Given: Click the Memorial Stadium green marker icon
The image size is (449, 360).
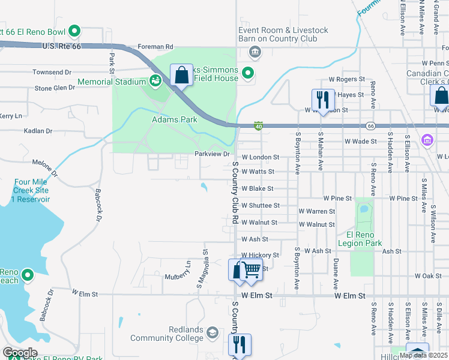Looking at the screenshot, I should pyautogui.click(x=155, y=80).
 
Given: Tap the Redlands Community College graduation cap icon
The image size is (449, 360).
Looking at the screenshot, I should pyautogui.click(x=212, y=332).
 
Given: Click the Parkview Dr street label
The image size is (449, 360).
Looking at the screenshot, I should pyautogui.click(x=212, y=154).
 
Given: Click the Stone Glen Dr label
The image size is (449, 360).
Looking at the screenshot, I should pyautogui.click(x=55, y=88).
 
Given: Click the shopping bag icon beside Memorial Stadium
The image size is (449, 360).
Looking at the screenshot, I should pyautogui.click(x=181, y=76).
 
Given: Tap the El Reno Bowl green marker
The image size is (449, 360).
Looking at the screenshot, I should pyautogui.click(x=75, y=31).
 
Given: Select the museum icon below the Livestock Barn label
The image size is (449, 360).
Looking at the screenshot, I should pyautogui.click(x=255, y=52).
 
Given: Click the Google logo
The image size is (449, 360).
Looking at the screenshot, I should pyautogui.click(x=20, y=353).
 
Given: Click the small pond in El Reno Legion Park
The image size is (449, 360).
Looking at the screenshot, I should pyautogui.click(x=363, y=209).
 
